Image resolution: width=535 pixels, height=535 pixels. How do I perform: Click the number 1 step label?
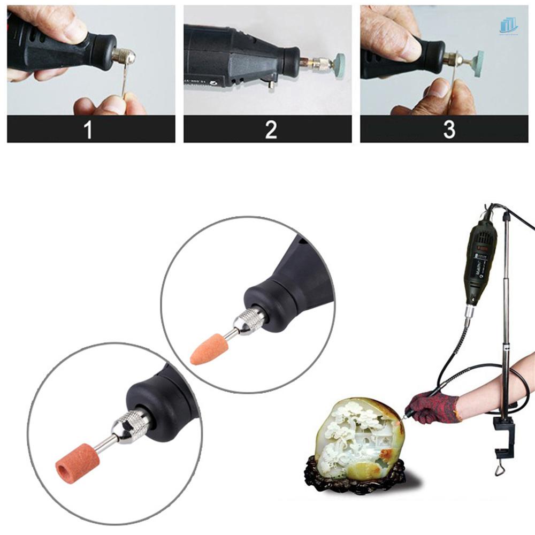coord(88,129)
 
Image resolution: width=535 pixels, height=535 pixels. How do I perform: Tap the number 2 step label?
coord(271,129)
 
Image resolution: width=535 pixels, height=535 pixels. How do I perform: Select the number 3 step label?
coord(449,129)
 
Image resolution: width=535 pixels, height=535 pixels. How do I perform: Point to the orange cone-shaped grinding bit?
coord(207,350)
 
